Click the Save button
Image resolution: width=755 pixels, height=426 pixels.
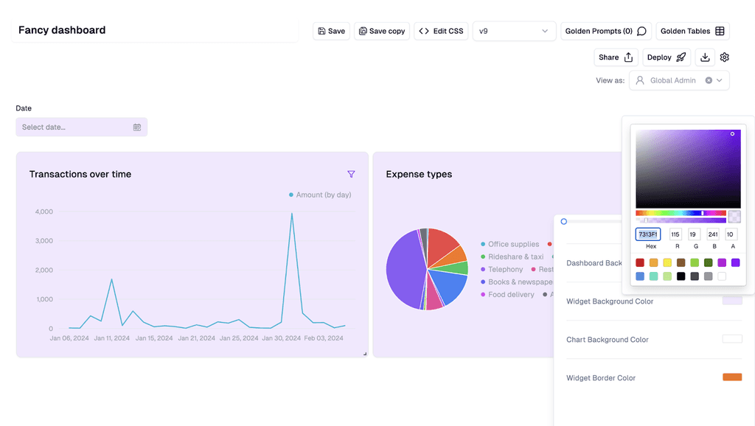tap(331, 31)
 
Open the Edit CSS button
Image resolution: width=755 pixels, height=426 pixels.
tap(441, 31)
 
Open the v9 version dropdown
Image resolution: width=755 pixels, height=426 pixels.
tap(514, 31)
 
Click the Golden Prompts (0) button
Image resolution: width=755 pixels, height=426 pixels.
tap(605, 31)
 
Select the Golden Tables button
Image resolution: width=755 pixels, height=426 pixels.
tap(692, 31)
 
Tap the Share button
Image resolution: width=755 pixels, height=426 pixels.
tap(616, 57)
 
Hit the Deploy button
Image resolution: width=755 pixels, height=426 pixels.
tap(667, 57)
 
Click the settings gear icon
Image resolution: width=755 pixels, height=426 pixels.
tap(725, 57)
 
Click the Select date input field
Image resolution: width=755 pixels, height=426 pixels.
tap(81, 127)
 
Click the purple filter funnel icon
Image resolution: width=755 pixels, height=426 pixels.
tap(351, 174)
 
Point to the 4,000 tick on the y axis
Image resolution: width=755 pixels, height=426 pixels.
tap(44, 212)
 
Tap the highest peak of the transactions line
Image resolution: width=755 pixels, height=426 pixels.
tap(292, 214)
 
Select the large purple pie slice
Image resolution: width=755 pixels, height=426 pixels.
tap(403, 270)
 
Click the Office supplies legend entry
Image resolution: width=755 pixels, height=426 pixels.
tap(513, 244)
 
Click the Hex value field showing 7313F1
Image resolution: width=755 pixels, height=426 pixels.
tap(648, 234)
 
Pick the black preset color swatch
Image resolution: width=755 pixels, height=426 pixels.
tap(681, 276)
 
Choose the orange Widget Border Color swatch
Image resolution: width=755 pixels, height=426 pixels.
tap(731, 377)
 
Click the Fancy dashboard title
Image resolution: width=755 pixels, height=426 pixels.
tap(62, 30)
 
